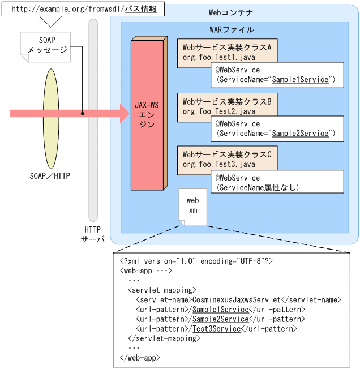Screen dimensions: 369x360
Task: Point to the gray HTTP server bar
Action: (x=93, y=119)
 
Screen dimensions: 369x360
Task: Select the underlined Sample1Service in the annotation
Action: (x=300, y=80)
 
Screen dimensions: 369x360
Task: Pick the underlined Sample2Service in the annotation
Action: (x=300, y=134)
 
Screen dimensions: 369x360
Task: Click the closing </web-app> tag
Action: (x=140, y=357)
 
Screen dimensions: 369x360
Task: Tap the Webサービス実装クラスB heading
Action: (x=227, y=101)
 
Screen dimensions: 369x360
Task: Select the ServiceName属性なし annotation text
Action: (x=258, y=187)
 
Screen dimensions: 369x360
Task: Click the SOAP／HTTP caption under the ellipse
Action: (x=50, y=175)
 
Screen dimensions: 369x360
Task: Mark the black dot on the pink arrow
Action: (x=82, y=114)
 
